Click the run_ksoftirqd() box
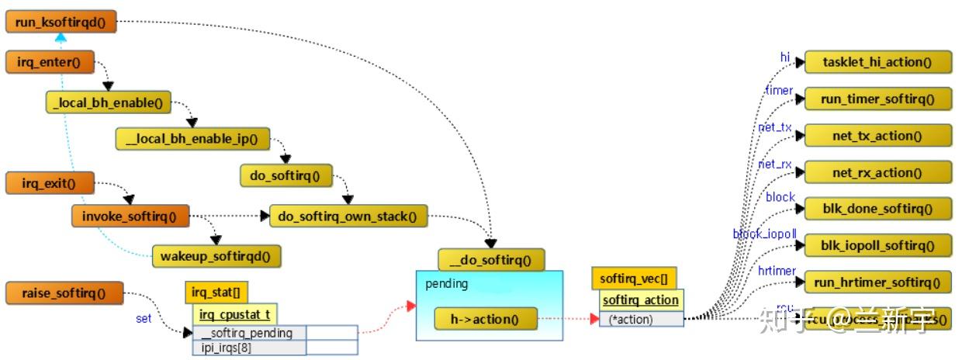pyautogui.click(x=61, y=22)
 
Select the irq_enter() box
pyautogui.click(x=50, y=63)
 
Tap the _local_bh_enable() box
pyautogui.click(x=108, y=102)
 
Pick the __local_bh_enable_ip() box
pyautogui.click(x=192, y=139)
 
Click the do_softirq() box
pyautogui.click(x=285, y=176)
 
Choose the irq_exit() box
pyautogui.click(x=50, y=183)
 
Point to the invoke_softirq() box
pyautogui.click(x=130, y=216)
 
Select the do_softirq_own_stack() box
pyautogui.click(x=348, y=216)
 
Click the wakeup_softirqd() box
pyautogui.click(x=216, y=255)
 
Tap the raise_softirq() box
pyautogui.click(x=64, y=292)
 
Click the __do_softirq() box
pyautogui.click(x=491, y=259)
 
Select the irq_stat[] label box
pyautogui.click(x=216, y=292)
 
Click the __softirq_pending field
pyautogui.click(x=249, y=334)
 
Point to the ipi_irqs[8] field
pyautogui.click(x=249, y=348)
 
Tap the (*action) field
pyautogui.click(x=641, y=319)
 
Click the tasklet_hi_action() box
pyautogui.click(x=877, y=62)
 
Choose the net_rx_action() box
pyautogui.click(x=877, y=172)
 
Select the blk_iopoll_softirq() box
pyautogui.click(x=877, y=245)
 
